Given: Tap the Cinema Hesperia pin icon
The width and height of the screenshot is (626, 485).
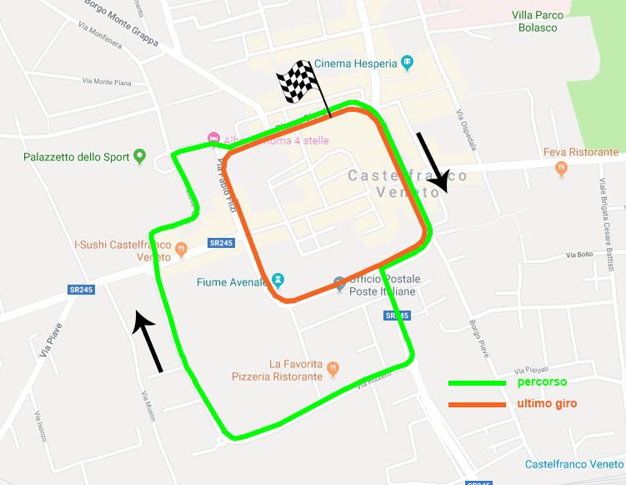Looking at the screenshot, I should pyautogui.click(x=407, y=62).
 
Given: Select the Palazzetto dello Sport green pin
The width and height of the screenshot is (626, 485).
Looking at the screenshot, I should pyautogui.click(x=140, y=155).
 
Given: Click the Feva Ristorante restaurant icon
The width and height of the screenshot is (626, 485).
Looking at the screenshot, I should pyautogui.click(x=562, y=168).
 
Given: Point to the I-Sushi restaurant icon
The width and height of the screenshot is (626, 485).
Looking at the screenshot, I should pyautogui.click(x=179, y=246).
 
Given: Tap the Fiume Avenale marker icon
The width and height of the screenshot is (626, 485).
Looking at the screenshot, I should pyautogui.click(x=278, y=280).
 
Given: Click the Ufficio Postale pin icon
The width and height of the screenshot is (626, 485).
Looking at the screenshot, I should pyautogui.click(x=339, y=284).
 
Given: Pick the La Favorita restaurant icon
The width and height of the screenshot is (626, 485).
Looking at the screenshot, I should pyautogui.click(x=333, y=366).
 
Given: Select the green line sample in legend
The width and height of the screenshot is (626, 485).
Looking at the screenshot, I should pyautogui.click(x=477, y=382).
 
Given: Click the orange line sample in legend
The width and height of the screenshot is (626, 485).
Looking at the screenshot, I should pyautogui.click(x=477, y=405).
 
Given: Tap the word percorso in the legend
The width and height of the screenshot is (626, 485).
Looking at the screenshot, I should pyautogui.click(x=542, y=382).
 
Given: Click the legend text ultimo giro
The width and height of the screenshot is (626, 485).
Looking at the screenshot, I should pyautogui.click(x=547, y=404).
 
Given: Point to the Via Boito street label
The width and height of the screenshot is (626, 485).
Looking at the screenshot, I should pyautogui.click(x=580, y=255).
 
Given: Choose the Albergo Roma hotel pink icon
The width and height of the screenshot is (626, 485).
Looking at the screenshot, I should pyautogui.click(x=213, y=138).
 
